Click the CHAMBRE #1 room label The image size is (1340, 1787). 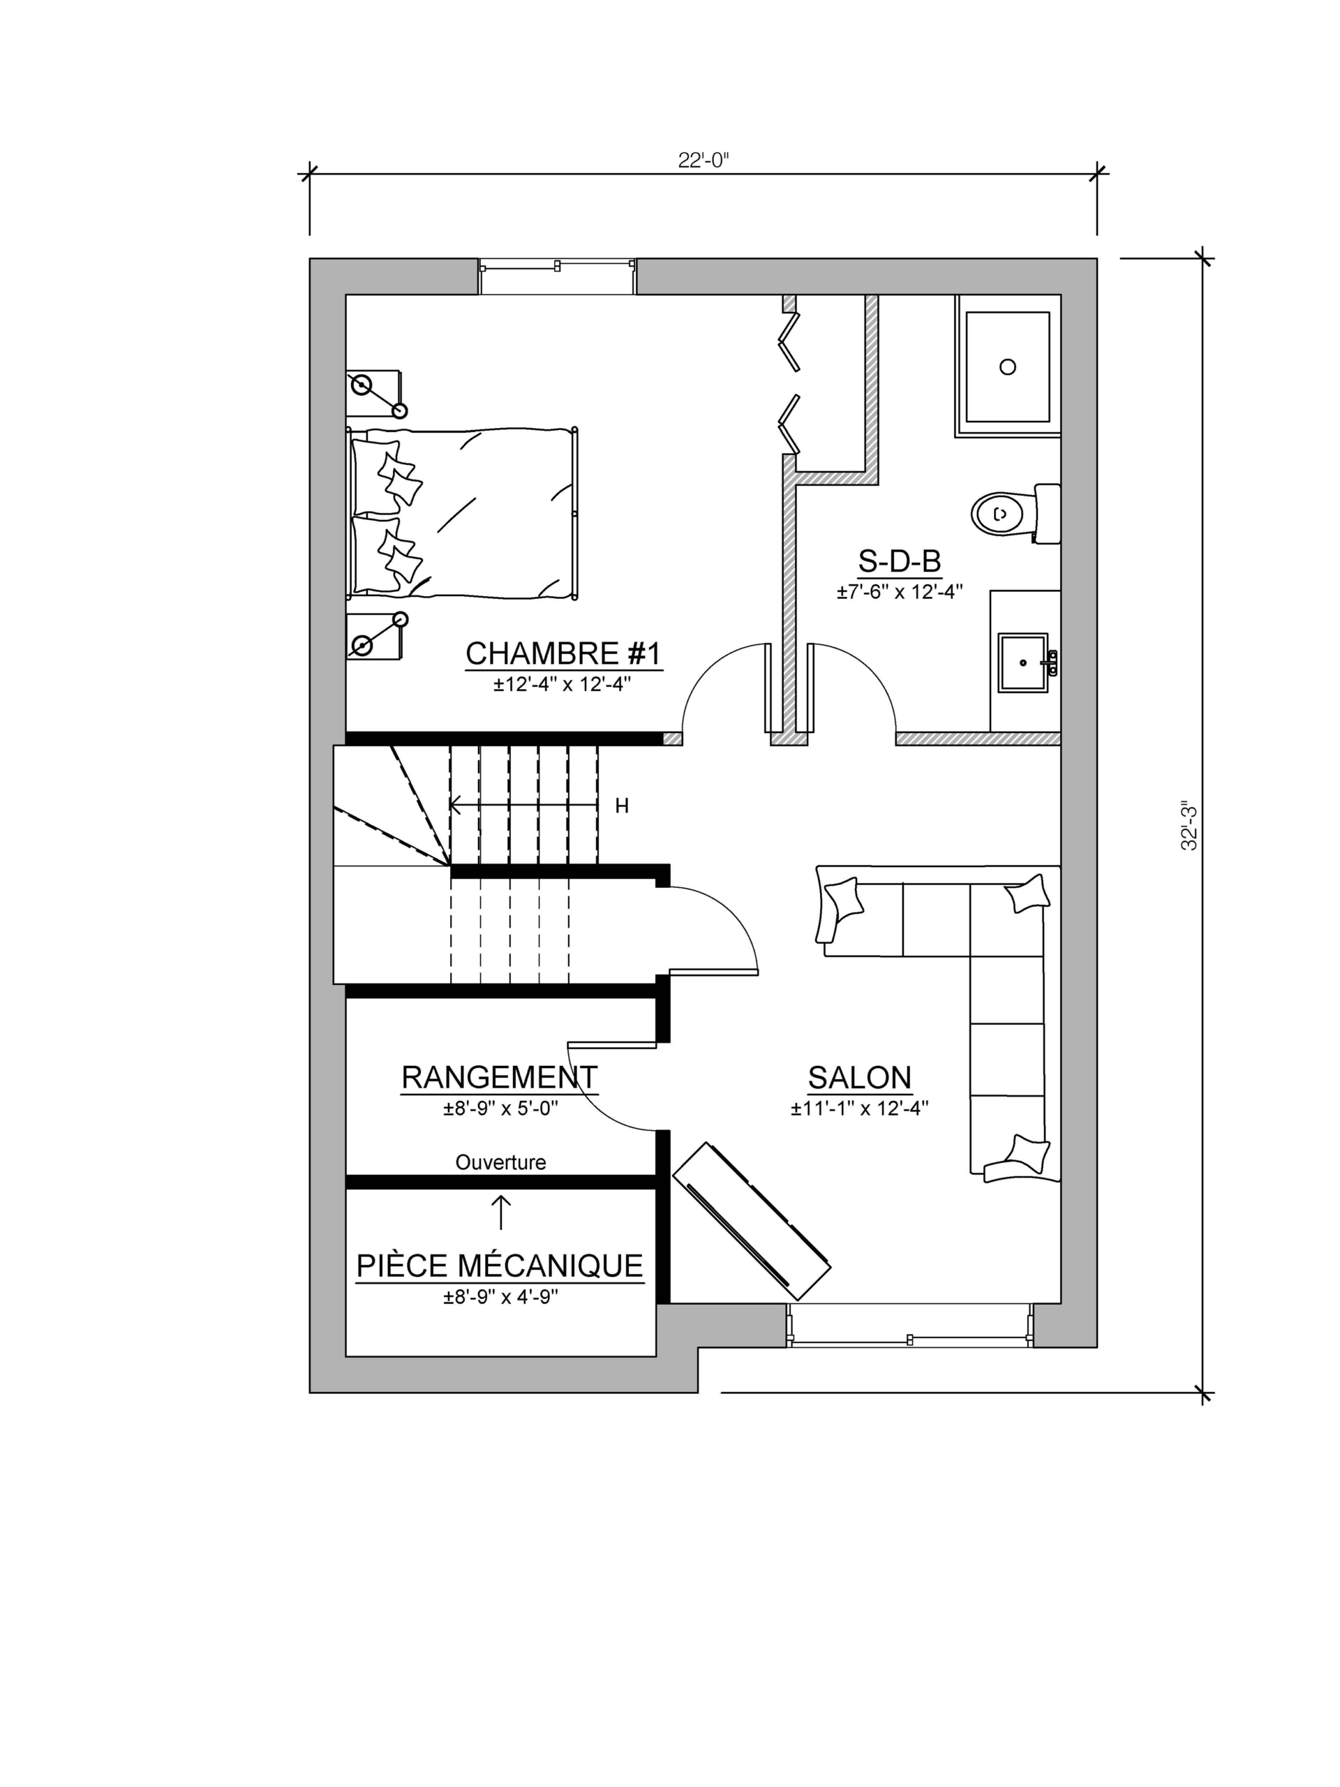[x=563, y=653]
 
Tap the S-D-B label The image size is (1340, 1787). [x=899, y=561]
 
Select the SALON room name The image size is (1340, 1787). [x=859, y=1078]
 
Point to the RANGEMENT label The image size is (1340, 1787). [x=499, y=1077]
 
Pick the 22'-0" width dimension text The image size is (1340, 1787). [x=703, y=160]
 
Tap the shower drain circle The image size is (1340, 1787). [x=1007, y=366]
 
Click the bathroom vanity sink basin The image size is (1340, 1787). [x=1023, y=662]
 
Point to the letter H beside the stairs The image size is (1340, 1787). [x=622, y=806]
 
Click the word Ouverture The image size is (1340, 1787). [x=501, y=1162]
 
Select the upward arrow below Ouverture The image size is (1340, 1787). [x=501, y=1213]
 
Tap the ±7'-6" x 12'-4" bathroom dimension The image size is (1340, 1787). [x=899, y=592]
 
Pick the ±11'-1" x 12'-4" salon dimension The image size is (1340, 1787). [x=859, y=1108]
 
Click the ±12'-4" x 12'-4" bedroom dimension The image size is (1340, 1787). [x=563, y=684]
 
